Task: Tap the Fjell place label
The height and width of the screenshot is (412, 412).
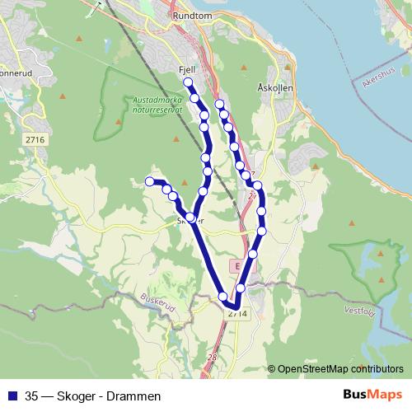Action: tap(186, 71)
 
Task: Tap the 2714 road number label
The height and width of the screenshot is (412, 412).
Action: tap(236, 314)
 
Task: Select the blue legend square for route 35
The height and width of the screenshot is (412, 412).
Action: tap(12, 396)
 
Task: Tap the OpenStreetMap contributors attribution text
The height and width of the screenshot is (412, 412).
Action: tap(339, 369)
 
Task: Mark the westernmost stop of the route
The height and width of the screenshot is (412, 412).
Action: tap(150, 181)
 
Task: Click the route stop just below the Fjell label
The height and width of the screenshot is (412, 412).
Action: tap(189, 83)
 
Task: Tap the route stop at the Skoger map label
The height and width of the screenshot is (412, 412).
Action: tap(190, 218)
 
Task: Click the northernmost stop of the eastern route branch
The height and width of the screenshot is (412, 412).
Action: tap(219, 104)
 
